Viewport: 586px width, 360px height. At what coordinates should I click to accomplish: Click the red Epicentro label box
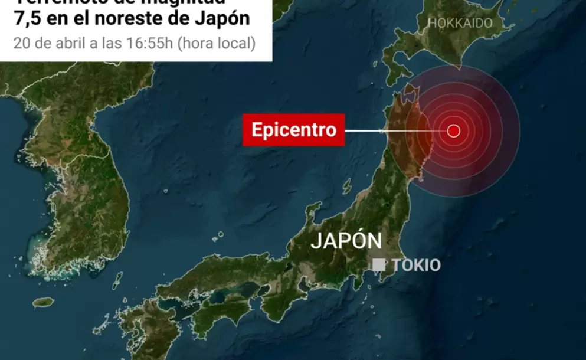point(293,130)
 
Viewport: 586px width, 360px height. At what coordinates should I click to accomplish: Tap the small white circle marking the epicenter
point(453,131)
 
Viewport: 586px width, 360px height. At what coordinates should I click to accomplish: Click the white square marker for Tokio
point(379,265)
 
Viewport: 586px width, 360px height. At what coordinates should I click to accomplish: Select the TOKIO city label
point(416,266)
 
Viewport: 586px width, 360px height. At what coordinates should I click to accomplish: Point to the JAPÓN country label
point(346,241)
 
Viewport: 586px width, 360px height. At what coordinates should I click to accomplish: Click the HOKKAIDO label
point(460,23)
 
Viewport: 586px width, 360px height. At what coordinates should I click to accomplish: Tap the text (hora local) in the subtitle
point(217,43)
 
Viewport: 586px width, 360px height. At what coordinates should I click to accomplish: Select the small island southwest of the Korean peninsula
point(43,302)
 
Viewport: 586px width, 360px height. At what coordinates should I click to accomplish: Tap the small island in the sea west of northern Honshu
point(347,185)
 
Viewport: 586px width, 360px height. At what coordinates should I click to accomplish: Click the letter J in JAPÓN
point(316,241)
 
